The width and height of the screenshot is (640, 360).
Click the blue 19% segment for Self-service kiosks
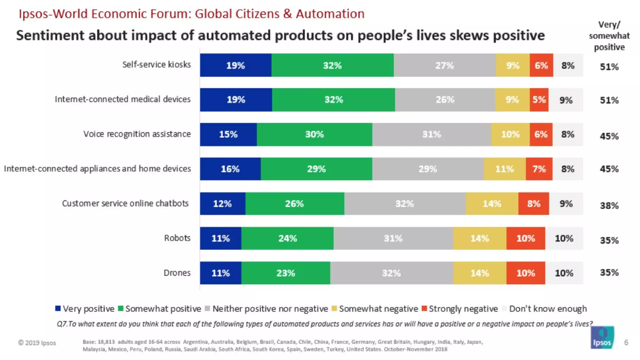coord(236,65)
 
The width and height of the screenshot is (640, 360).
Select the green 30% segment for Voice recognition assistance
coord(314,134)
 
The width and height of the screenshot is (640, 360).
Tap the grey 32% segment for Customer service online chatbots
coord(405,204)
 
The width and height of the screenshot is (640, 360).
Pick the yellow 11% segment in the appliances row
coord(504,169)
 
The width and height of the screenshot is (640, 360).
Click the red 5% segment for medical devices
coord(539,100)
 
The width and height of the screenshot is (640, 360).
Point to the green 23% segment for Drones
coord(286,273)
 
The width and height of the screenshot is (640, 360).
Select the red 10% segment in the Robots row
coord(526,238)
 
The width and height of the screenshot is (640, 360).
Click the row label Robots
coord(177,238)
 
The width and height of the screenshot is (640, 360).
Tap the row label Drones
coord(177,273)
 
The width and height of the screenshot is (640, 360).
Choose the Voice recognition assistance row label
coord(137,134)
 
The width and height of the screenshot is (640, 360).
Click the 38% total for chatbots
coord(609,206)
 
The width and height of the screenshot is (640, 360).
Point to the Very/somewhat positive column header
coord(609,36)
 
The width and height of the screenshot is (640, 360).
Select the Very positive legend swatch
coord(58,308)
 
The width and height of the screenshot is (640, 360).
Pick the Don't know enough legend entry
coord(547,309)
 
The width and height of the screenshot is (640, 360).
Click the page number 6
coord(626,342)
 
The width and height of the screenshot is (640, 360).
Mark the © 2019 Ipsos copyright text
coord(37,343)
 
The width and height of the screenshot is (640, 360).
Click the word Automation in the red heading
coord(330,14)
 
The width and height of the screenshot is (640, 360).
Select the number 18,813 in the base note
coord(106,342)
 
